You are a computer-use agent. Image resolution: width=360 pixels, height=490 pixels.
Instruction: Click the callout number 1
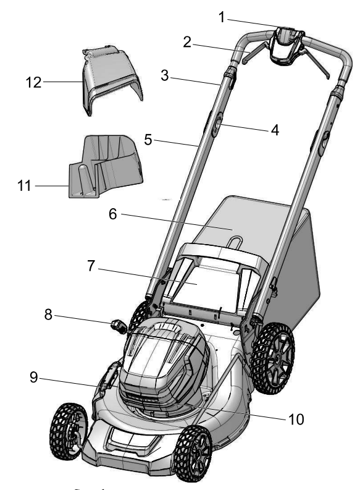point(222,17)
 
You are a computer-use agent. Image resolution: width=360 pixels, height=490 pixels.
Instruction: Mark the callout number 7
point(91,266)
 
